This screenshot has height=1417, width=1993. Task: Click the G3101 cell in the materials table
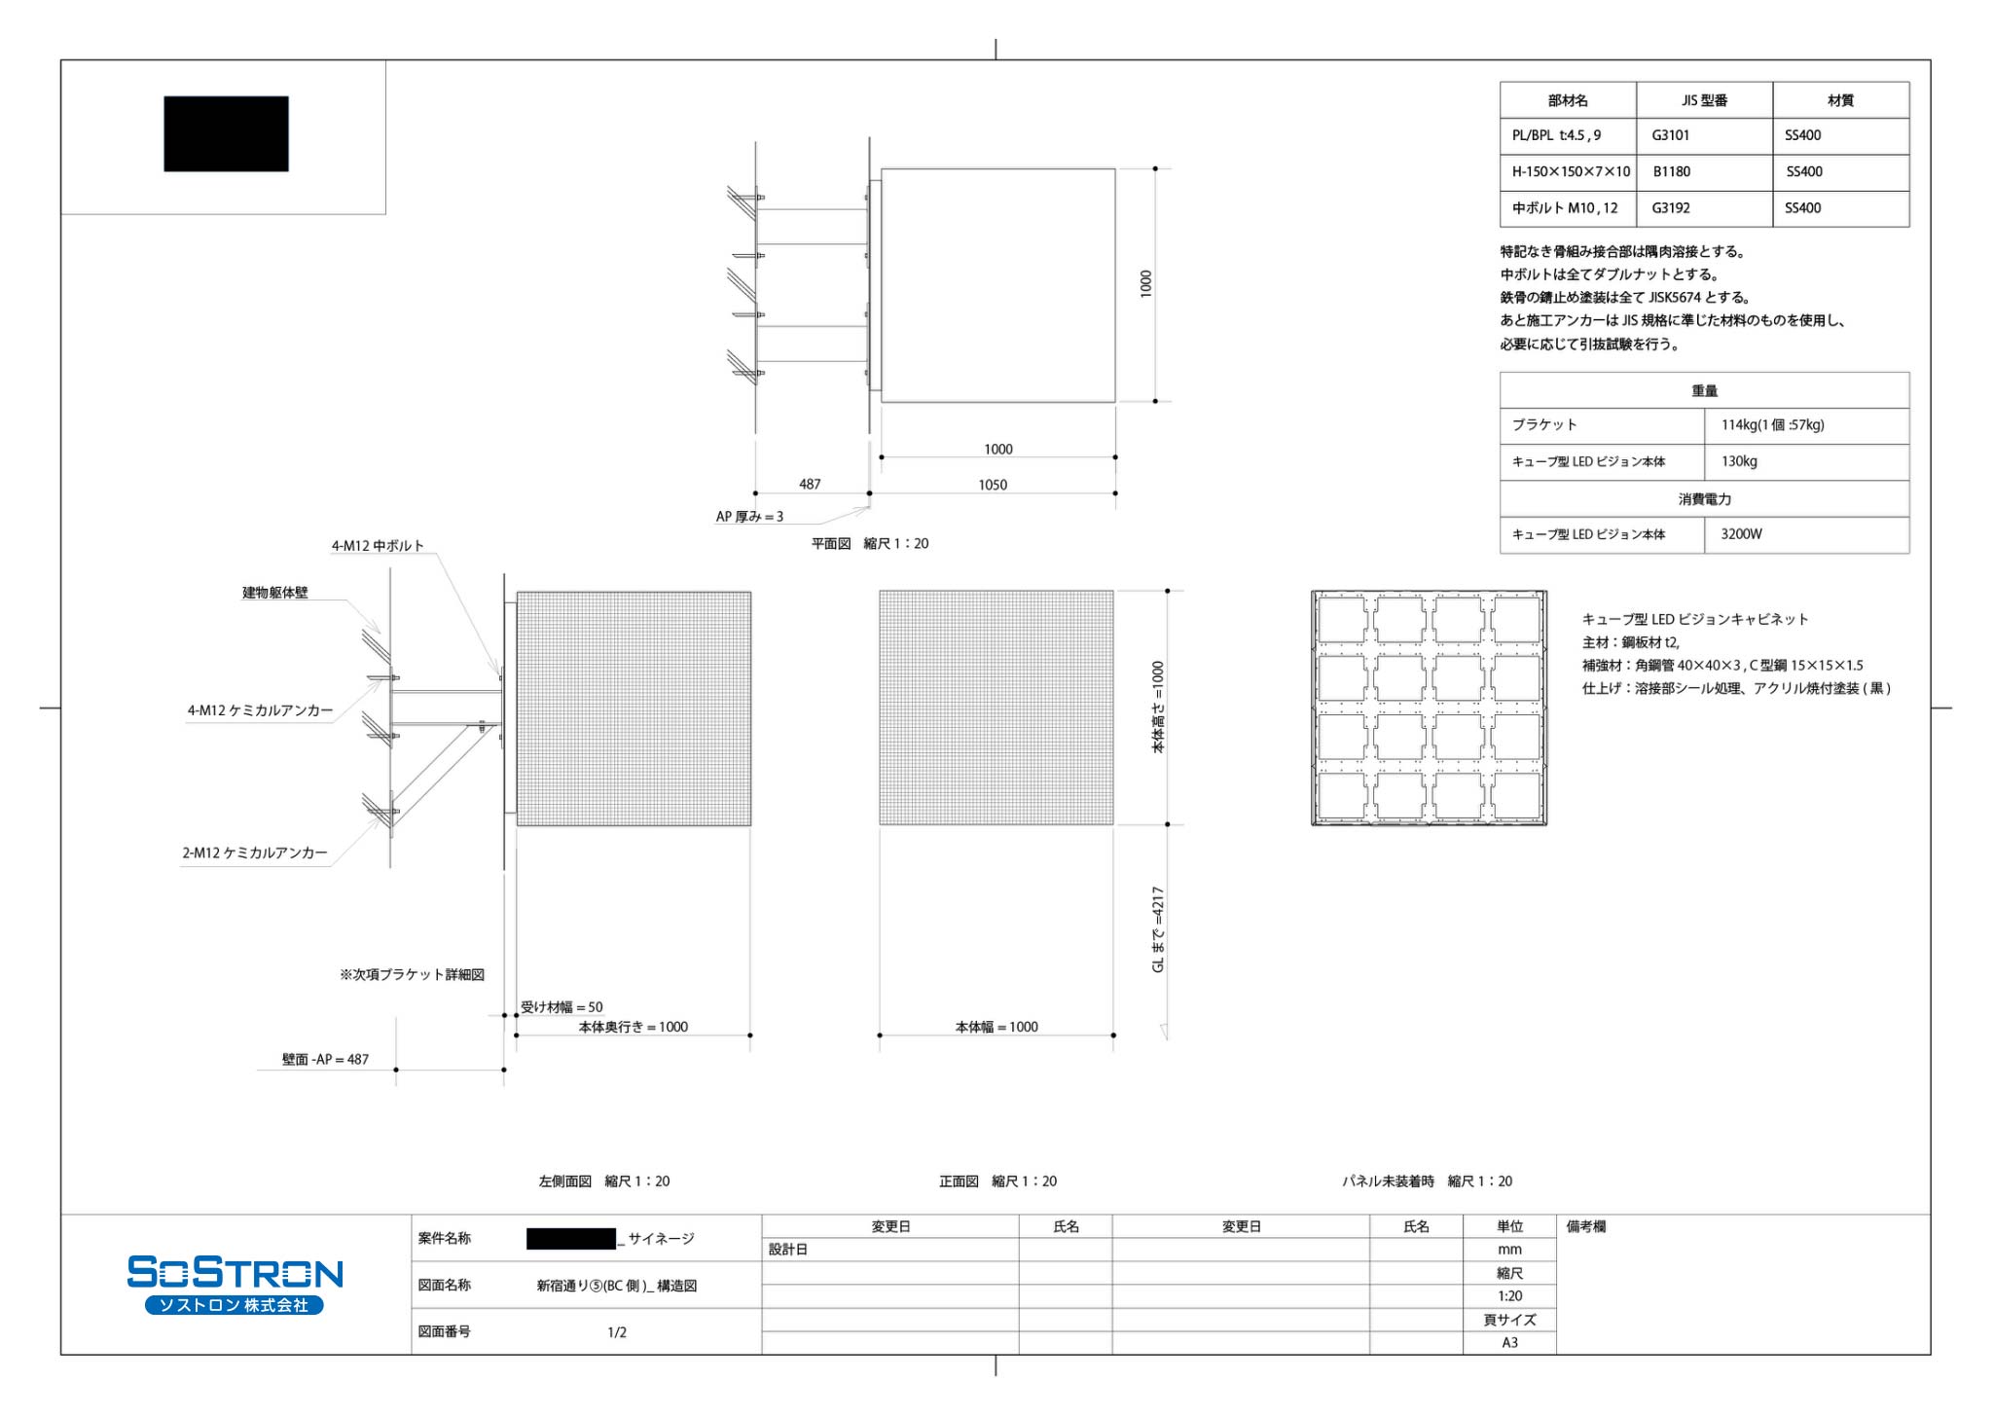click(x=1670, y=135)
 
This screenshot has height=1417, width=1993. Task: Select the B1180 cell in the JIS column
click(x=1671, y=171)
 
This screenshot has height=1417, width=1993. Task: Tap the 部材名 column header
click(x=1568, y=100)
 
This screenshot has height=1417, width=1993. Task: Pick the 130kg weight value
click(x=1739, y=461)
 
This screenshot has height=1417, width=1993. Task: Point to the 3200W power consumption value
click(x=1741, y=533)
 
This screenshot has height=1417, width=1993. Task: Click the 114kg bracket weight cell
click(x=1772, y=424)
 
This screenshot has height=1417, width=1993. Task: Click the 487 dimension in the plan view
click(x=810, y=484)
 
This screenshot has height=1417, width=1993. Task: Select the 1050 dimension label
click(x=993, y=485)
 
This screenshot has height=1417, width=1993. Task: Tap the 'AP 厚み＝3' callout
click(x=749, y=517)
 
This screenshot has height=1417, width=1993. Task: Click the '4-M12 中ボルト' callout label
click(x=378, y=546)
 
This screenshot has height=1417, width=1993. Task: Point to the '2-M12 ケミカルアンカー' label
click(x=255, y=853)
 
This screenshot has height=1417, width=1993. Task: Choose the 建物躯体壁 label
click(x=275, y=592)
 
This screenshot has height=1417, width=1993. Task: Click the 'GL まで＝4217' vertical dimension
click(x=1158, y=929)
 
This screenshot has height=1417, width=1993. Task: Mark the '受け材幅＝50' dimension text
click(x=562, y=1007)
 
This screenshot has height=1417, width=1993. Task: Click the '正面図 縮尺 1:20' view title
click(x=997, y=1181)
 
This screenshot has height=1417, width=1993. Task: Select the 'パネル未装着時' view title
click(x=1389, y=1181)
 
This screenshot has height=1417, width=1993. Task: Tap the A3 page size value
click(x=1509, y=1342)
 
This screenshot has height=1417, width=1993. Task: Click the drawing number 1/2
click(x=617, y=1332)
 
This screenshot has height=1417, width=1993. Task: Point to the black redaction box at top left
click(x=226, y=133)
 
